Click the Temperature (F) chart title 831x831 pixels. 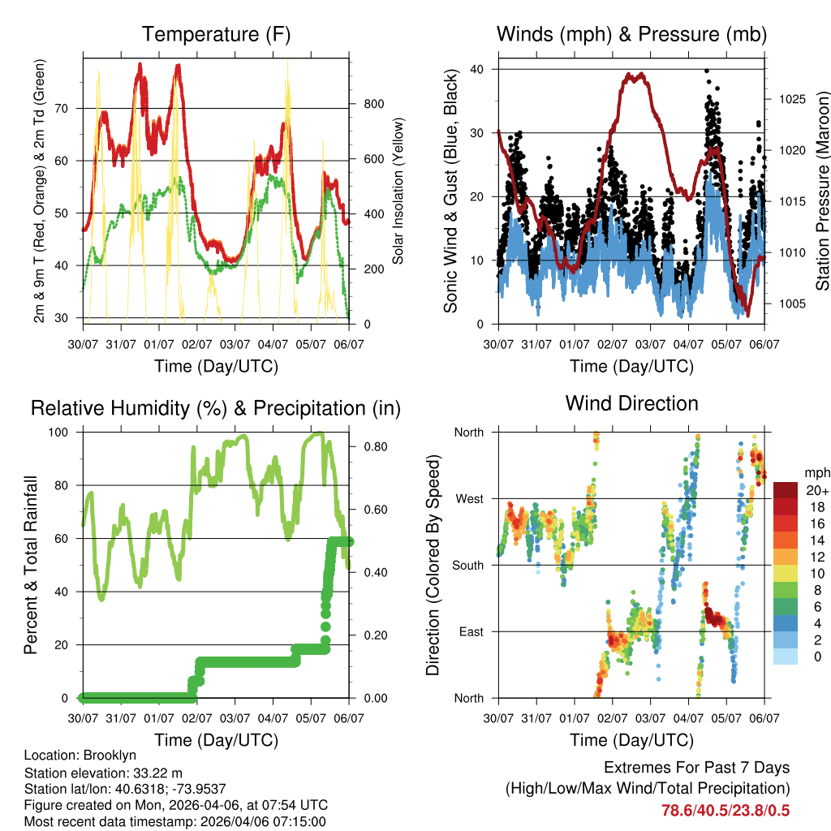[216, 35]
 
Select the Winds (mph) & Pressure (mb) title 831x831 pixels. [632, 35]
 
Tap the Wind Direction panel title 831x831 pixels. [631, 403]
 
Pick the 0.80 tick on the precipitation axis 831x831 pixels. [372, 446]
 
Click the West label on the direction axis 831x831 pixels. [469, 498]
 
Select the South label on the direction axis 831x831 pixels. [467, 565]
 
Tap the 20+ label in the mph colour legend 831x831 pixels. [816, 490]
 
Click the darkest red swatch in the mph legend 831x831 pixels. [785, 490]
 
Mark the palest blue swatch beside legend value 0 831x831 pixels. [785, 656]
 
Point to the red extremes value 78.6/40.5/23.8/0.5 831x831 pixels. [726, 810]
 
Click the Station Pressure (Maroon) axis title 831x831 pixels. [822, 191]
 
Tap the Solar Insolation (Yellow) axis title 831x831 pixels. [398, 191]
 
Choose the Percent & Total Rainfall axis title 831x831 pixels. [31, 565]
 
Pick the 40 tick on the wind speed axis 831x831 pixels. [478, 69]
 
